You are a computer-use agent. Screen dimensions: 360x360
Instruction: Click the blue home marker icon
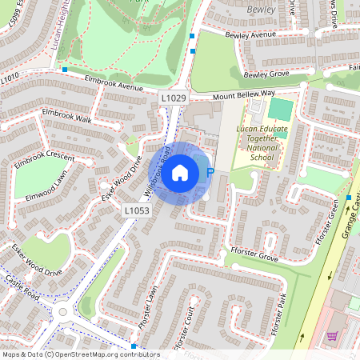(180, 172)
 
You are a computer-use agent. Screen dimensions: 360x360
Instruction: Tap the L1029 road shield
(173, 98)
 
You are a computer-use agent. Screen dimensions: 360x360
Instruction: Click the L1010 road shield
(9, 78)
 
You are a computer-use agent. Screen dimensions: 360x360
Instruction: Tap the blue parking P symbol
(210, 172)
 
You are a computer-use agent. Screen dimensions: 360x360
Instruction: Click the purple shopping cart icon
(332, 336)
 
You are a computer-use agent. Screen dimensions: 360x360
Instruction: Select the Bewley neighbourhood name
(262, 8)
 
